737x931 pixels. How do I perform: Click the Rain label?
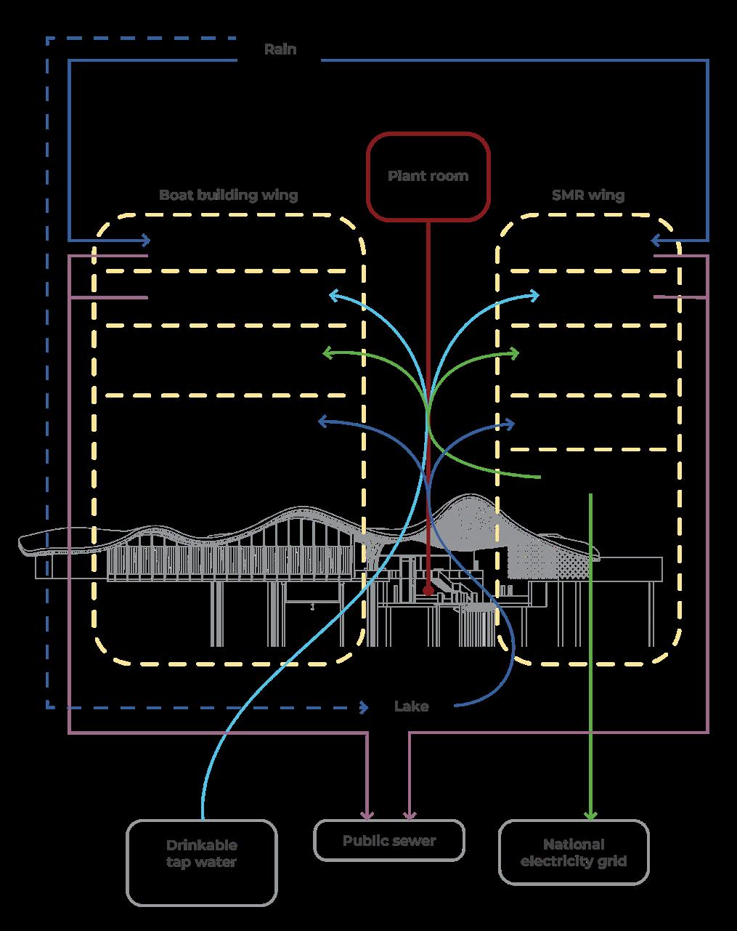pyautogui.click(x=280, y=49)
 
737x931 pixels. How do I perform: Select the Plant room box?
pyautogui.click(x=428, y=176)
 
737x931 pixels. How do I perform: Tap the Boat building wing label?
pyautogui.click(x=228, y=195)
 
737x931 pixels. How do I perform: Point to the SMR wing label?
pyautogui.click(x=587, y=195)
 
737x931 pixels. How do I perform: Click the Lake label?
pyautogui.click(x=411, y=706)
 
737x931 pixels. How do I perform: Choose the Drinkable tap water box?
pyautogui.click(x=202, y=863)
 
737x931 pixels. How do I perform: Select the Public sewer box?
pyautogui.click(x=389, y=841)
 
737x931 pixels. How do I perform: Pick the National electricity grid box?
pyautogui.click(x=574, y=853)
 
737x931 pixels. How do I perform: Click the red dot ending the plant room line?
pyautogui.click(x=428, y=591)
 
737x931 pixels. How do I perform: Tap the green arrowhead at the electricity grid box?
pyautogui.click(x=591, y=815)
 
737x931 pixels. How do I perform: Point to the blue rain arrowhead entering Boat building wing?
pyautogui.click(x=146, y=240)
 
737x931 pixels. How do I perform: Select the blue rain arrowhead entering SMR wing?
pyautogui.click(x=656, y=240)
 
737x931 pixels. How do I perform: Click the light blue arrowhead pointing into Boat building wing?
pyautogui.click(x=333, y=295)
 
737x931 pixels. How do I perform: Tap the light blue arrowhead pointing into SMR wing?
pyautogui.click(x=535, y=295)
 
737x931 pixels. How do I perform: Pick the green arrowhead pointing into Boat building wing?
pyautogui.click(x=327, y=353)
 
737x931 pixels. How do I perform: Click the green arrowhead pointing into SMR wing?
pyautogui.click(x=515, y=353)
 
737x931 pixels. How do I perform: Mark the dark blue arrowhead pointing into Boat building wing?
pyautogui.click(x=323, y=422)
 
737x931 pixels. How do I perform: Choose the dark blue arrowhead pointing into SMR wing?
pyautogui.click(x=510, y=423)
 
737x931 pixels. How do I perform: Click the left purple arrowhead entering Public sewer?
pyautogui.click(x=369, y=815)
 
